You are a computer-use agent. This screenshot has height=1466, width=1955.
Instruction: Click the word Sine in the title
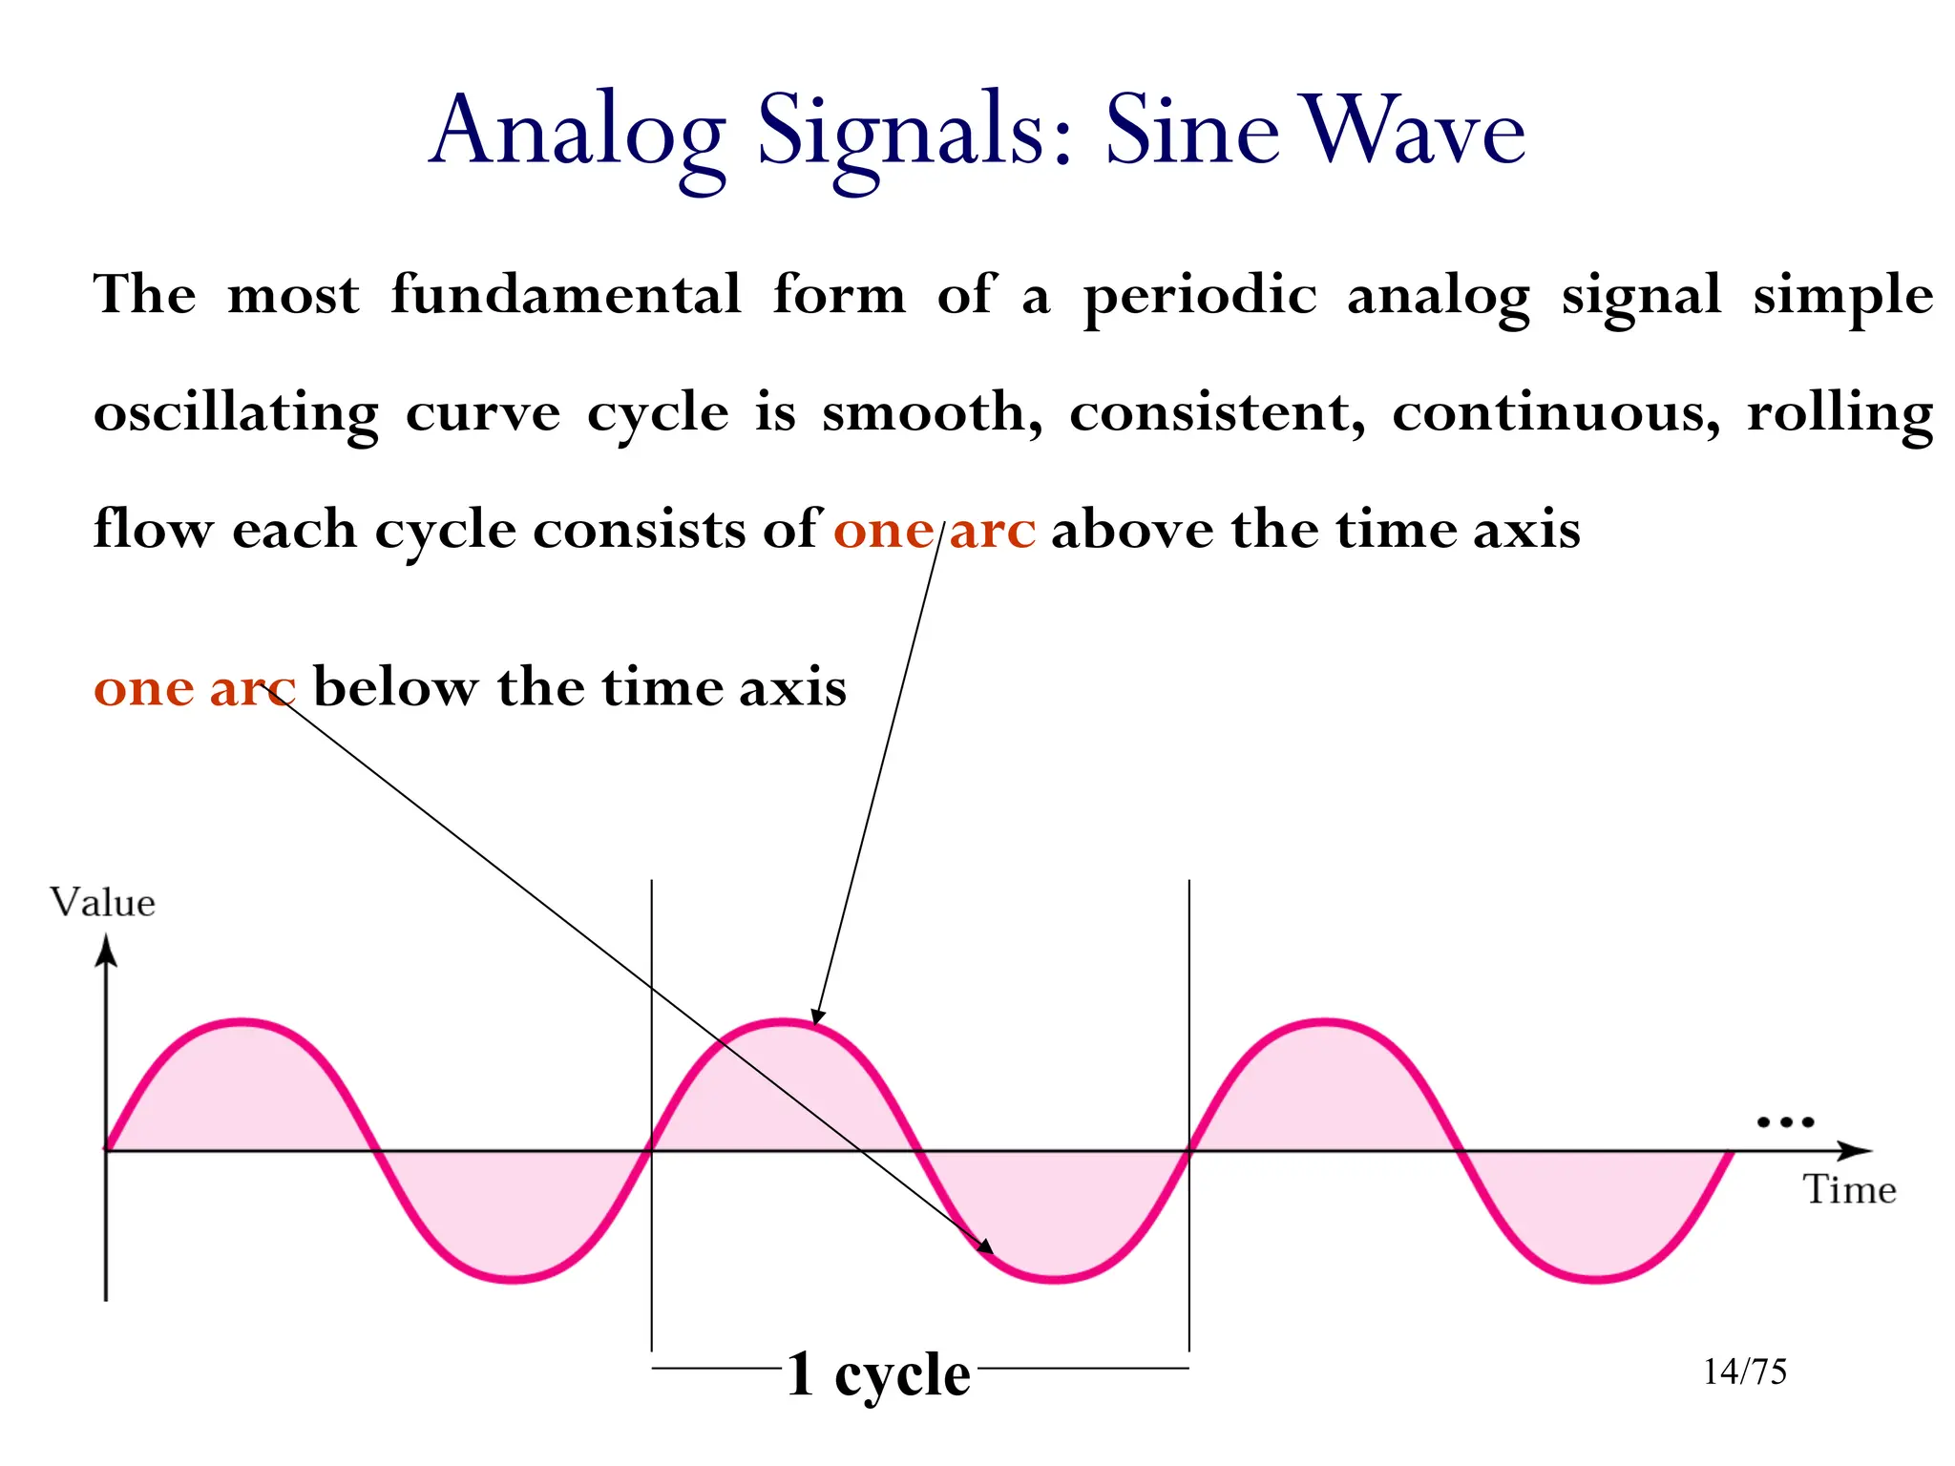pos(1191,131)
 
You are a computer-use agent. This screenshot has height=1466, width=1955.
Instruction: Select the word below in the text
pos(396,687)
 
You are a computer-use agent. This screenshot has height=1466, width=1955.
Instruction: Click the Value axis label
pos(102,903)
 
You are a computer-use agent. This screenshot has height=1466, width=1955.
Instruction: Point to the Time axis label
pos(1849,1190)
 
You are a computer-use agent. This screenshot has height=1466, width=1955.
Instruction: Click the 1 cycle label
pos(878,1375)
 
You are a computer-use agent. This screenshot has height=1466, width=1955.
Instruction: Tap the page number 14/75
pos(1745,1372)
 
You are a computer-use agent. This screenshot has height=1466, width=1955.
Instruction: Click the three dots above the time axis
pos(1785,1122)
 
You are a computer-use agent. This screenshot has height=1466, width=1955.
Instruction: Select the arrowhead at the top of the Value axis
pos(106,951)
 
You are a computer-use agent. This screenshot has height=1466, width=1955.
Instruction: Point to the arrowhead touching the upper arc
pos(817,1016)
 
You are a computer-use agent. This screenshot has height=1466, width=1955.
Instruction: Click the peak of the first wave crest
pos(243,1022)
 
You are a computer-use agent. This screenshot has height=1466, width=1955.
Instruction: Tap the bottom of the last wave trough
pos(1595,1279)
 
